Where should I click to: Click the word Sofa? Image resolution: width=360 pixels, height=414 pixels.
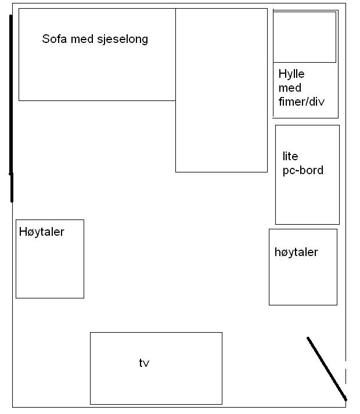[55, 39]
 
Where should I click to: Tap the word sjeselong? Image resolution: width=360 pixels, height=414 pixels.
[123, 39]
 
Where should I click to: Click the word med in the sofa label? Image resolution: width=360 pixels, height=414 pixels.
[82, 39]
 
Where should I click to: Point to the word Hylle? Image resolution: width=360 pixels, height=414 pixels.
[291, 74]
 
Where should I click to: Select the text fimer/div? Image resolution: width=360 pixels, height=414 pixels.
[301, 102]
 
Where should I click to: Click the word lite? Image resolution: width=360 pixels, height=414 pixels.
[290, 156]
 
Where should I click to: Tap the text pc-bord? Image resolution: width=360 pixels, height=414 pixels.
[303, 171]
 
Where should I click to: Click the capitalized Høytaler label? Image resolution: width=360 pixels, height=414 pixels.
[42, 232]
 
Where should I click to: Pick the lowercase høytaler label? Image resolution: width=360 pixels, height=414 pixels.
[296, 253]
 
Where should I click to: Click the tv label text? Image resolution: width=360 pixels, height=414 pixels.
[144, 363]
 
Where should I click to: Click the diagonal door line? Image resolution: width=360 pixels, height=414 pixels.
[327, 369]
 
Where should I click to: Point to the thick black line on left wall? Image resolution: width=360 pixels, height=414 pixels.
[11, 108]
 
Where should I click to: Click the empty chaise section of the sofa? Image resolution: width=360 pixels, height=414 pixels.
[221, 90]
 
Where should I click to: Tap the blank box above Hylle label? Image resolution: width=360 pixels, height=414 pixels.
[304, 37]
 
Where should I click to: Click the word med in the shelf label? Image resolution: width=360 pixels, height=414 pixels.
[290, 88]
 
